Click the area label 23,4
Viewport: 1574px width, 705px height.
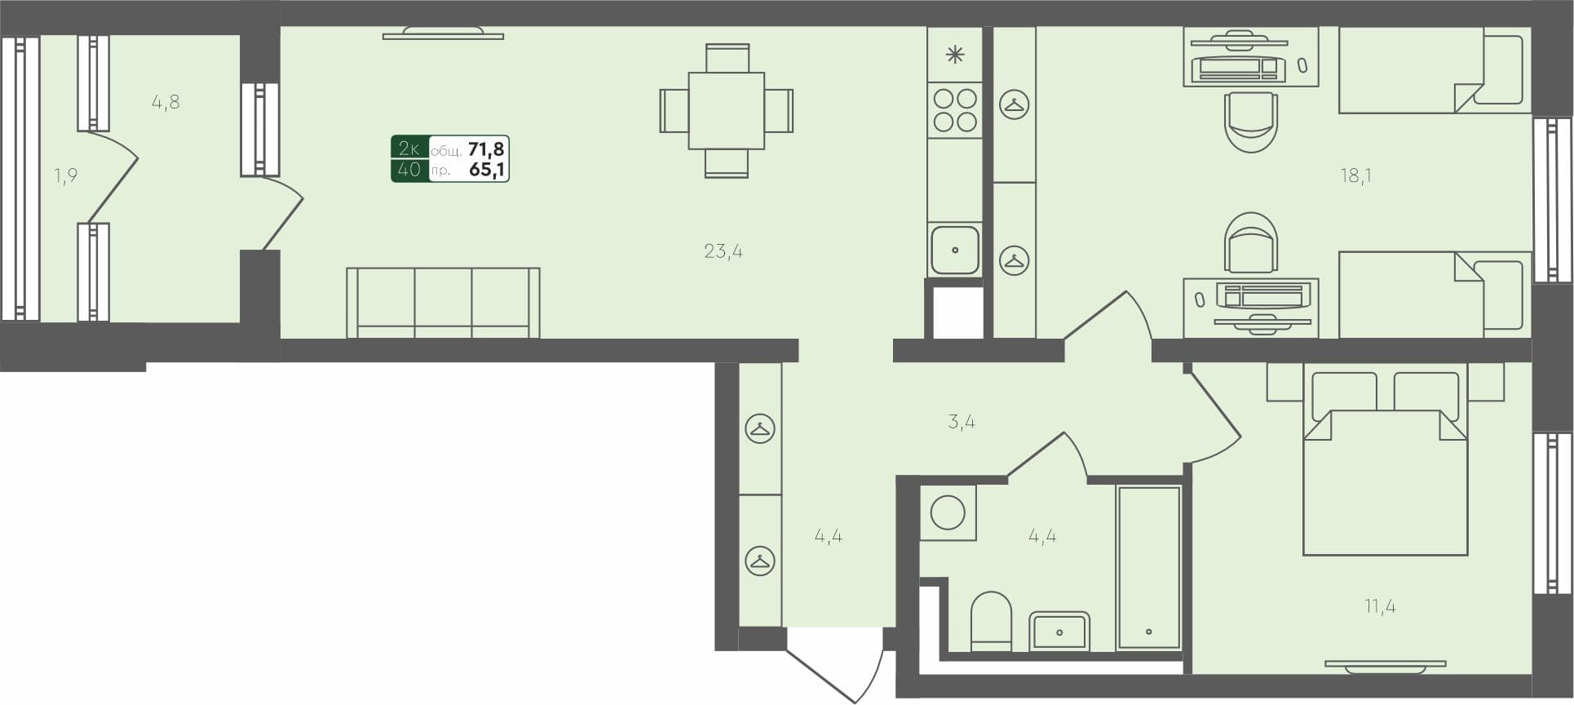pyautogui.click(x=723, y=251)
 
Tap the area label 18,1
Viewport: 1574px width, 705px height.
pyautogui.click(x=1355, y=175)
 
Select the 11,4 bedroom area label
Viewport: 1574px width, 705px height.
pyautogui.click(x=1380, y=606)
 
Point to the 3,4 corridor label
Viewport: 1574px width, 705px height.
pyautogui.click(x=962, y=423)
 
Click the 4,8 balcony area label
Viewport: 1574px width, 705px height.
pyautogui.click(x=166, y=103)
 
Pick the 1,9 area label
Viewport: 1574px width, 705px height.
pyautogui.click(x=66, y=175)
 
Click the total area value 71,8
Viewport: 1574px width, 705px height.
pyautogui.click(x=485, y=149)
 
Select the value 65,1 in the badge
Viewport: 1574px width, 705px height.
pyautogui.click(x=486, y=170)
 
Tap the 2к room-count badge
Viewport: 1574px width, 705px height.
pyautogui.click(x=409, y=148)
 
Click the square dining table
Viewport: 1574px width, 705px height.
pyautogui.click(x=726, y=111)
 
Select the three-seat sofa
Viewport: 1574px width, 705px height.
pyautogui.click(x=443, y=302)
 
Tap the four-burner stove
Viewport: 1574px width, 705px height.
pyautogui.click(x=955, y=110)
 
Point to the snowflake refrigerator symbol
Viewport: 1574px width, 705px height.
pyautogui.click(x=955, y=55)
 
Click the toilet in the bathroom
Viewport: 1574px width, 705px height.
pyautogui.click(x=991, y=622)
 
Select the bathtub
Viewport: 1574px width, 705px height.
pyautogui.click(x=1148, y=567)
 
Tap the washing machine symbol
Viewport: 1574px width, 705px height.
pyautogui.click(x=948, y=513)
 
